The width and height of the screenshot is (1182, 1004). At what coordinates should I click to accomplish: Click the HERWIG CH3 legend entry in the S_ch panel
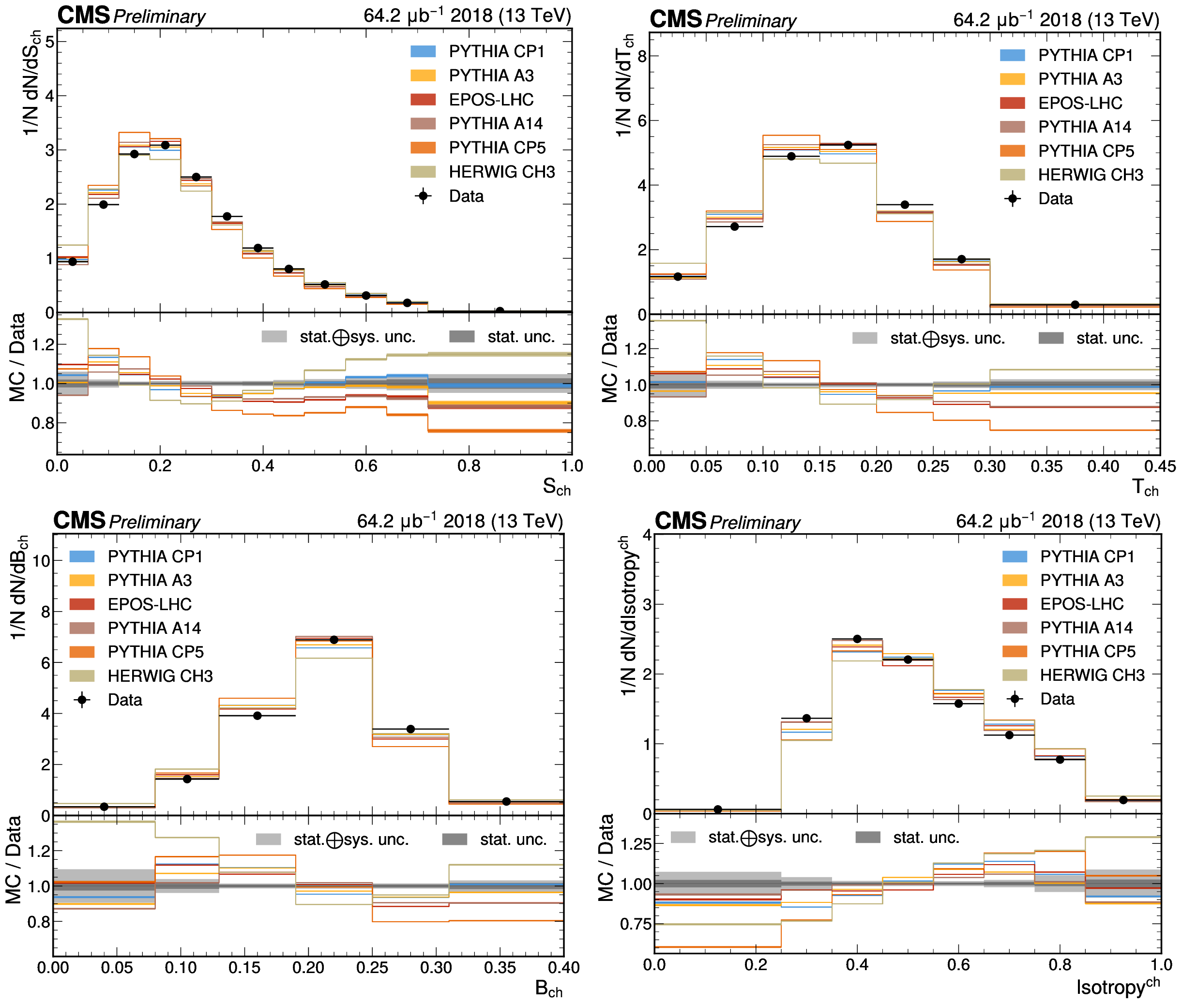(x=501, y=172)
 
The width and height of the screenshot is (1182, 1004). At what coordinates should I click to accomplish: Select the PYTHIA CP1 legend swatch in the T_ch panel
(x=1012, y=55)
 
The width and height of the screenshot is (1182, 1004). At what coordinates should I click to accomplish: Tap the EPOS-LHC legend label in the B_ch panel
(x=150, y=604)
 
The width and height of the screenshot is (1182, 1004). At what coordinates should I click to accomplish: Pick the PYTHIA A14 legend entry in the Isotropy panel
(x=1086, y=627)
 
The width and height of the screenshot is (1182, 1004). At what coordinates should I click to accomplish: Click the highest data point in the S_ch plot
(x=165, y=145)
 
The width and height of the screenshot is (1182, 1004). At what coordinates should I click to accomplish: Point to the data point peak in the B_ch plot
(x=334, y=640)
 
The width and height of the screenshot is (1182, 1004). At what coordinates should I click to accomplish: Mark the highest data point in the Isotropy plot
(x=857, y=639)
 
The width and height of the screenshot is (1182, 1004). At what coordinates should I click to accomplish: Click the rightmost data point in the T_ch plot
(x=1075, y=304)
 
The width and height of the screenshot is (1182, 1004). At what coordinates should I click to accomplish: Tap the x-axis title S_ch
(x=556, y=487)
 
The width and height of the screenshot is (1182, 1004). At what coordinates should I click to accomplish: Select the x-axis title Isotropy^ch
(x=1118, y=987)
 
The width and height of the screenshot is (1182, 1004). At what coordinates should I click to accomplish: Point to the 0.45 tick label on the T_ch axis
(x=1159, y=467)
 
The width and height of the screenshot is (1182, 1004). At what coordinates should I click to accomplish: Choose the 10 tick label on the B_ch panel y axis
(x=41, y=561)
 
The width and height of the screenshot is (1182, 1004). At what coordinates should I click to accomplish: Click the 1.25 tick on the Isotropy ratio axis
(x=636, y=843)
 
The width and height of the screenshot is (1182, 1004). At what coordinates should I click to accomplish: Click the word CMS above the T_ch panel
(x=675, y=20)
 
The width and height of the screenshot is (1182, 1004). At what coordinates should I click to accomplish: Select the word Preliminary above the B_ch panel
(x=154, y=522)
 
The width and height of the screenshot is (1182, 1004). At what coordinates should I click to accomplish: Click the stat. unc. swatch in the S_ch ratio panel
(x=461, y=336)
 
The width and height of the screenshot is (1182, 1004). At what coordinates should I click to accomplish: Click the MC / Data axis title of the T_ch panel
(x=609, y=359)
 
